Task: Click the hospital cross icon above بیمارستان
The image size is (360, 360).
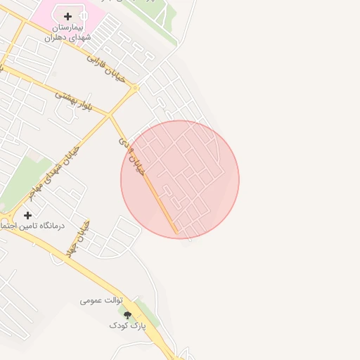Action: (x=67, y=16)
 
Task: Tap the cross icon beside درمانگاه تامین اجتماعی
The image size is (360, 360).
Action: (x=27, y=215)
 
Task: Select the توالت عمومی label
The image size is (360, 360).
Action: (x=101, y=301)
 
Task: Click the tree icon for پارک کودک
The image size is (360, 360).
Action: (x=127, y=315)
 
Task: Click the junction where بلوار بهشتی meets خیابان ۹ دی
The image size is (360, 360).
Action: (x=109, y=114)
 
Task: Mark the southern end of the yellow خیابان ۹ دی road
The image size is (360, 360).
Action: (x=176, y=232)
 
